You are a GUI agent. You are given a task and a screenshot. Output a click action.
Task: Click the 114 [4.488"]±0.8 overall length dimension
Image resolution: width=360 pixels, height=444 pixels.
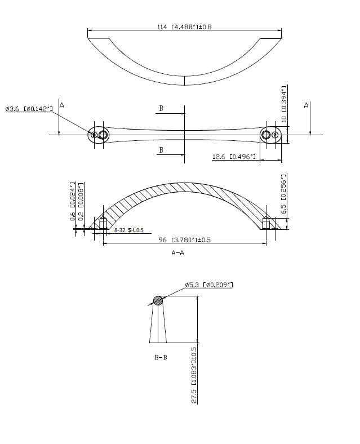(184, 26)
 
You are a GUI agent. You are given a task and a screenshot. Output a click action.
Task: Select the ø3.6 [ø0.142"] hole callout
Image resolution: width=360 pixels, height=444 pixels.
(29, 108)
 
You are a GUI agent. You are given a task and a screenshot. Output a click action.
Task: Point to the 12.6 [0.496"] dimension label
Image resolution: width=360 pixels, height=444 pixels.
(234, 157)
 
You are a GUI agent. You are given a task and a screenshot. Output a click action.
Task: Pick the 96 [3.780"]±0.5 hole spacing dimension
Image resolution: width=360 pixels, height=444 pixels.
(184, 239)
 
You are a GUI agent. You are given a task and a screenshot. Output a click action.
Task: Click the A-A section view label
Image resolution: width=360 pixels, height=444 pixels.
(178, 253)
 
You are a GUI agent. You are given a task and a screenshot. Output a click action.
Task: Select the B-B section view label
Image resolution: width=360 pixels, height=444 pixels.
(161, 357)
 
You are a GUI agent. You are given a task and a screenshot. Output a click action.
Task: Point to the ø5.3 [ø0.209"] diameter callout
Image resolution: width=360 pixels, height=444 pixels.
(208, 285)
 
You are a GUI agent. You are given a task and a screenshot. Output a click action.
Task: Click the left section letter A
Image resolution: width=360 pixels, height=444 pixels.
(62, 105)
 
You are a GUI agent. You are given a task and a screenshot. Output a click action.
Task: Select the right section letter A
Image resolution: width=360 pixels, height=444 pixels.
(306, 105)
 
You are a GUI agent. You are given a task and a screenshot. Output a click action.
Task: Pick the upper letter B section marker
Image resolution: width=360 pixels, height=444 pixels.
(161, 108)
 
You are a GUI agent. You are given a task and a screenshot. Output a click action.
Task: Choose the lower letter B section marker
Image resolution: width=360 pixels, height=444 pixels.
(161, 150)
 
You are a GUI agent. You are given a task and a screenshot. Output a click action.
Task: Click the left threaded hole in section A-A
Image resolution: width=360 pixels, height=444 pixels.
(103, 224)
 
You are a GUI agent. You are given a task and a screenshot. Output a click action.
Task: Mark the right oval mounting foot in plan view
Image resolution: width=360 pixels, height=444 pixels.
(270, 135)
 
